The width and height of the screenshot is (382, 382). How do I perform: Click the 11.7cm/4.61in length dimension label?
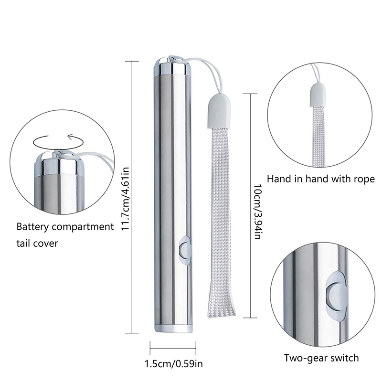coord(125,198)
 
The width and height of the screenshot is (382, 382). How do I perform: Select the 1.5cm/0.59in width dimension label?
coord(174,364)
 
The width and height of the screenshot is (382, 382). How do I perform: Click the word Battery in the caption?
coord(32,227)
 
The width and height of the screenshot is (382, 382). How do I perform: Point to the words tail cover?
coord(37,243)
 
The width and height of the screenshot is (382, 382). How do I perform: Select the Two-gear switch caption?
coord(321,358)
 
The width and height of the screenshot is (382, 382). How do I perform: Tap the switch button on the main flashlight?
coord(185,250)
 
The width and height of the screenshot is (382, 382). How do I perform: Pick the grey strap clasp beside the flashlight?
coord(219,111)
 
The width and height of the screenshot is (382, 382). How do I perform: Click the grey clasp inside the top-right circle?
coord(318,95)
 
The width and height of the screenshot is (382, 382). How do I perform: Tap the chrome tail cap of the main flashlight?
coord(172,67)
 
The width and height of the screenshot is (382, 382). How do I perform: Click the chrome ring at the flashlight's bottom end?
coord(173,329)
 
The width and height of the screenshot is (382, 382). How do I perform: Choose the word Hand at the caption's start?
coord(277,179)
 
